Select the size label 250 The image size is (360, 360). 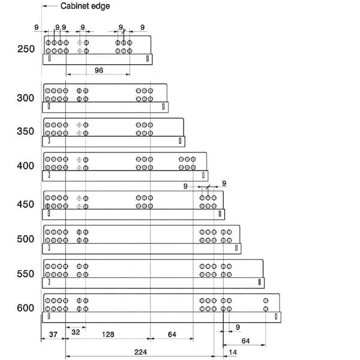coord(26,49)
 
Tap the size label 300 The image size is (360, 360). coord(26,98)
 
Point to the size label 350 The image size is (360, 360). coord(26,131)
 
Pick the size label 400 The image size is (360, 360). coord(26,166)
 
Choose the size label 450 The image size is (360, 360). coord(26,205)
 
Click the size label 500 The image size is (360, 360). coord(26,239)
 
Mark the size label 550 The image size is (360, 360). coord(26,274)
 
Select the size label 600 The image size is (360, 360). coord(26,308)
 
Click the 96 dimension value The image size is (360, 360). coord(99,70)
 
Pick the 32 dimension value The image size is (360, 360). coord(76,331)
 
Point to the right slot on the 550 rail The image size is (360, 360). coord(259,281)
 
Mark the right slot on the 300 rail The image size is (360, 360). coord(163,107)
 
